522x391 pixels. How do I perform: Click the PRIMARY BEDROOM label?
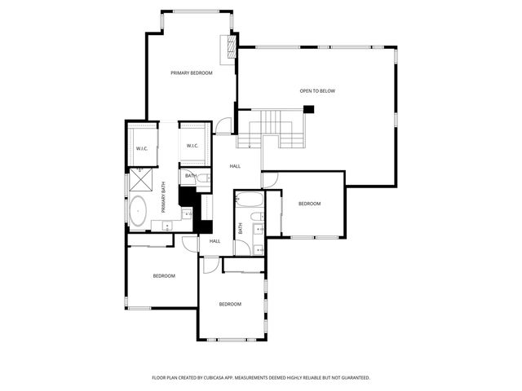point(192,73)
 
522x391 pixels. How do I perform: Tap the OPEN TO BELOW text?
point(317,91)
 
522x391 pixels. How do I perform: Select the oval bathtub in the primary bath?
point(139,211)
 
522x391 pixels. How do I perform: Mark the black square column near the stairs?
point(309,109)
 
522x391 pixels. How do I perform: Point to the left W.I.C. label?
point(142,148)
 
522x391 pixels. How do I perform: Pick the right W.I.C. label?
point(192,146)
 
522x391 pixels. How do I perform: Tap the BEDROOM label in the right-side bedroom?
point(309,204)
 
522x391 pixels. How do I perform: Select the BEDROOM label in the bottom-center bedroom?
point(230,304)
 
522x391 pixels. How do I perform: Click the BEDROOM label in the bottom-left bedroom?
point(164,275)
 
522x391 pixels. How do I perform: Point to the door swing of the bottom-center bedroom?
point(209,265)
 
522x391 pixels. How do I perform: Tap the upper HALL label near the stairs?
point(235,166)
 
